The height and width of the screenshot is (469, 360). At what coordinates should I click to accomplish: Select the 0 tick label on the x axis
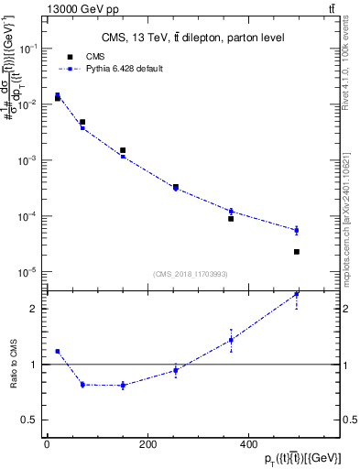(47, 444)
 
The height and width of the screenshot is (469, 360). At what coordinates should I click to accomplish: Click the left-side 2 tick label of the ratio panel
(34, 309)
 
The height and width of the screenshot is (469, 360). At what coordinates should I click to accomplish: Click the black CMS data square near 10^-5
(297, 252)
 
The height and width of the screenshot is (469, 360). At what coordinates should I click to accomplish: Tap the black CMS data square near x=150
(123, 150)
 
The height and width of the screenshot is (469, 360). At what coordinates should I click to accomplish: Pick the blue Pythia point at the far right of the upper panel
(297, 230)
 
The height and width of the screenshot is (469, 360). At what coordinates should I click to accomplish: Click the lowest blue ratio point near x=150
(123, 386)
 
